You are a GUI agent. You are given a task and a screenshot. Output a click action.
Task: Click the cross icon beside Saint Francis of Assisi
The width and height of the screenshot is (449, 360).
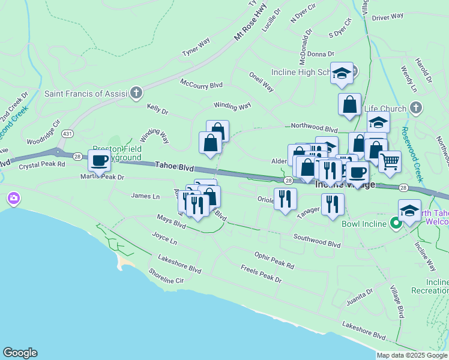136,93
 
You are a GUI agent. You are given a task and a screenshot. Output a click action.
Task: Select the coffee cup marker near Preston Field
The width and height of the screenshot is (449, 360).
99,161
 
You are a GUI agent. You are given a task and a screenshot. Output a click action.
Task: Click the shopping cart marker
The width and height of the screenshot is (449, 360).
390,161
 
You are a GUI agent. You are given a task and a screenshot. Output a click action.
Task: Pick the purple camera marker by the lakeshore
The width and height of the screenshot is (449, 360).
13,197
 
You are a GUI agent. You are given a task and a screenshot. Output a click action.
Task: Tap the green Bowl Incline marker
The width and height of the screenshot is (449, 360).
396,224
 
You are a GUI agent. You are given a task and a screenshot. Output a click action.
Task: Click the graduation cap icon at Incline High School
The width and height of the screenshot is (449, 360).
342,73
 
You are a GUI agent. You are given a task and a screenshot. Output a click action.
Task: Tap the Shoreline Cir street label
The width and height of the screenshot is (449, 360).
166,276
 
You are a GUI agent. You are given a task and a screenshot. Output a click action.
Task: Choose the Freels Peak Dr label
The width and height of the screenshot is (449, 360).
261,274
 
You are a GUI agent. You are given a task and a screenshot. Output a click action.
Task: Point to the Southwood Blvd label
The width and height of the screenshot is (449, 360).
316,241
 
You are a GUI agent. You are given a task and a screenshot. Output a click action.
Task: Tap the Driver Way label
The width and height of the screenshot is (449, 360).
388,17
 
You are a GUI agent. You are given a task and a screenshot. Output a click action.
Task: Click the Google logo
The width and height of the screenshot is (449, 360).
20,353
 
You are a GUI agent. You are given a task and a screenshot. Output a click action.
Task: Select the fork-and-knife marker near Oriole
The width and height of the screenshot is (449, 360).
285,198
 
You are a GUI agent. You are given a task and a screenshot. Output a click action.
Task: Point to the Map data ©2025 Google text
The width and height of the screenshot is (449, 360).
412,355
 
